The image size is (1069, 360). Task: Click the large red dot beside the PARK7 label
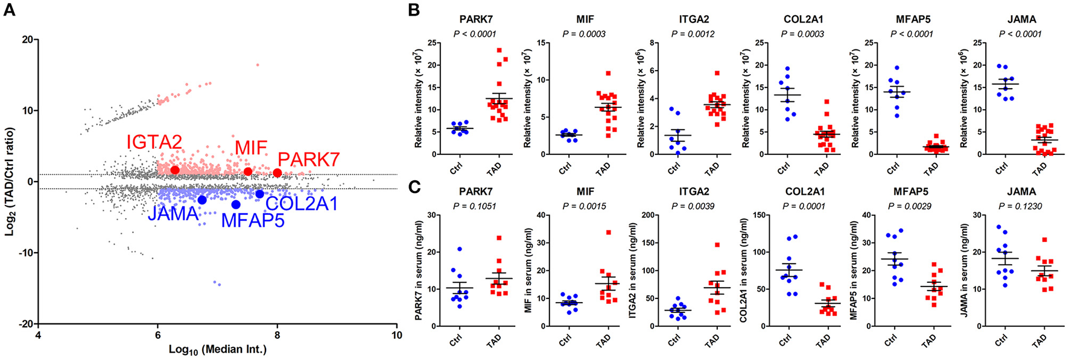278,173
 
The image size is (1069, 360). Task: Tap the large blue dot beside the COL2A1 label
259,194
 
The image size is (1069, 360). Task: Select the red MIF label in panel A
251,148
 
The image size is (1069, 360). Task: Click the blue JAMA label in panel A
173,213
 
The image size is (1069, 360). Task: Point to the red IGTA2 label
154,142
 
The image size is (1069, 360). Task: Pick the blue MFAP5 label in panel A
253,220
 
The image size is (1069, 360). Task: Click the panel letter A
10,10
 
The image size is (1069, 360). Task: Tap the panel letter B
414,10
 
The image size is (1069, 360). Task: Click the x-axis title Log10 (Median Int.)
218,349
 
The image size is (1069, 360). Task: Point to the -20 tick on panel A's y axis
25,324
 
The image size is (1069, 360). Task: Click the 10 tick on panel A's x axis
396,335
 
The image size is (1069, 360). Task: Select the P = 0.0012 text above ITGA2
694,34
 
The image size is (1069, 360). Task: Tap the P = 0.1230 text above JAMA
1021,206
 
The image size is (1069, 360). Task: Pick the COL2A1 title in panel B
803,19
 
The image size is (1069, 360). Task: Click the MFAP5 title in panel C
913,192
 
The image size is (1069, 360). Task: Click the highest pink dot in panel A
258,65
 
